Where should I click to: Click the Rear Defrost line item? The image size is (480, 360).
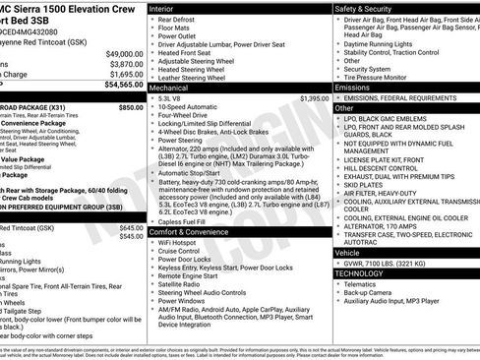click(x=182, y=18)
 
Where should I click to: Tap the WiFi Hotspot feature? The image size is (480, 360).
click(x=181, y=241)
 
